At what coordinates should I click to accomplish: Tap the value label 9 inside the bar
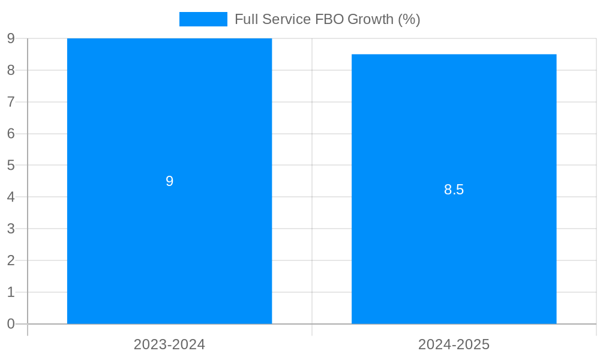click(x=169, y=181)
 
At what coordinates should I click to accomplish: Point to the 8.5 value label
click(x=454, y=190)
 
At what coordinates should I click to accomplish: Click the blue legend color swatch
click(x=203, y=19)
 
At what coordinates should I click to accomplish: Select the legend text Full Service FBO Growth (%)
click(x=327, y=19)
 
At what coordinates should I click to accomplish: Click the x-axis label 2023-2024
click(x=169, y=344)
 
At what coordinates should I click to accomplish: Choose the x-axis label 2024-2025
click(x=454, y=344)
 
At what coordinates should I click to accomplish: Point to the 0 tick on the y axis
click(x=11, y=324)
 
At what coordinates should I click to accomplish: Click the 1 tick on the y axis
click(x=11, y=292)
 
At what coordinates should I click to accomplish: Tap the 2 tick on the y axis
click(x=11, y=260)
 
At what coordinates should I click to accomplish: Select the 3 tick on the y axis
click(x=11, y=229)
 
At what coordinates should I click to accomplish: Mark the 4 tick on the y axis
click(x=11, y=197)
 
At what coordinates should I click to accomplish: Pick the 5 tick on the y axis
click(x=11, y=165)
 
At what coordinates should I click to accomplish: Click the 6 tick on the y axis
click(x=11, y=134)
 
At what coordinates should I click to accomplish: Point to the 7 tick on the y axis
click(x=11, y=102)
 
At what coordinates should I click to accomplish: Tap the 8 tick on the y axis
click(x=11, y=70)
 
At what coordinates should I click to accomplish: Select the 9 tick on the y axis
click(x=11, y=38)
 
